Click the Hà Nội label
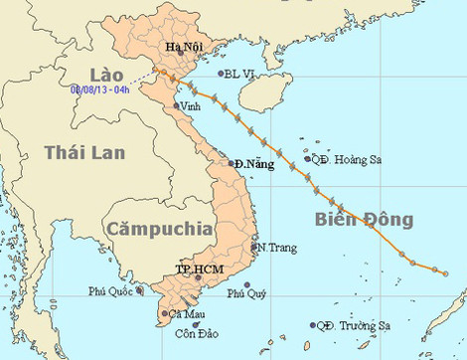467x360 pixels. click(x=181, y=47)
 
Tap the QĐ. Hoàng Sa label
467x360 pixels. click(x=340, y=158)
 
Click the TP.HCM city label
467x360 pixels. click(x=196, y=269)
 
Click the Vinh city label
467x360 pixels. click(x=194, y=106)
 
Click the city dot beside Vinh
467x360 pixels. click(x=177, y=105)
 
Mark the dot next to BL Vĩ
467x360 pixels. click(x=221, y=73)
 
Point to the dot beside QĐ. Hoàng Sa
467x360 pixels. click(x=307, y=158)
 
